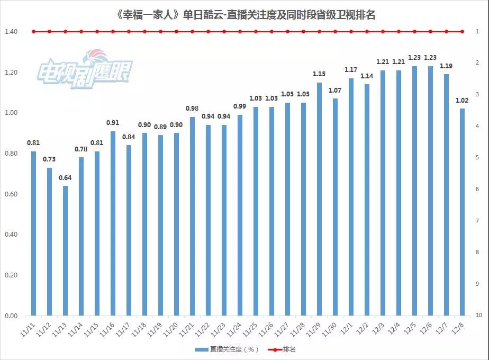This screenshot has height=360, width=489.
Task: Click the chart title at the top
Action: (x=245, y=14)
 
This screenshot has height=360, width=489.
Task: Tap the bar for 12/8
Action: (x=462, y=212)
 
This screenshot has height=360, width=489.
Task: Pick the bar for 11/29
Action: (x=319, y=199)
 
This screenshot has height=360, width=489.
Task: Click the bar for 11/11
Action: (x=33, y=233)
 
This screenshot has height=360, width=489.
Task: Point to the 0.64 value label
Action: (x=65, y=177)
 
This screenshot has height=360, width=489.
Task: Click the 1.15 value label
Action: (x=319, y=74)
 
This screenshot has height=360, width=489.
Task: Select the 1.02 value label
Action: (x=462, y=100)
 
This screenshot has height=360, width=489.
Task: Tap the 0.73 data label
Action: (x=49, y=159)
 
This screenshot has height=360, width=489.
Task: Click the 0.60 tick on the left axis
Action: (x=11, y=194)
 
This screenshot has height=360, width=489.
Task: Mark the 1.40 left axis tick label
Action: (x=11, y=32)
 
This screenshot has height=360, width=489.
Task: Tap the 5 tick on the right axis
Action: (x=477, y=158)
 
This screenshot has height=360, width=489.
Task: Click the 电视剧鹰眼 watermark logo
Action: (x=85, y=69)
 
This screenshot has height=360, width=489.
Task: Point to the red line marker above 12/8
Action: (x=462, y=32)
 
